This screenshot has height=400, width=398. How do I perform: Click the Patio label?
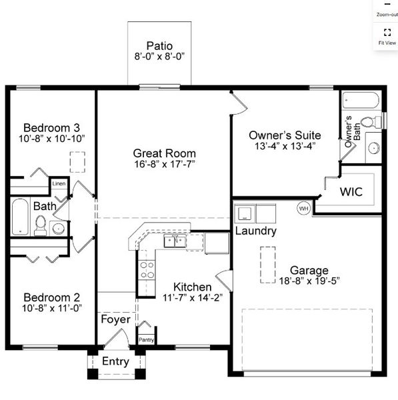[x=159, y=46]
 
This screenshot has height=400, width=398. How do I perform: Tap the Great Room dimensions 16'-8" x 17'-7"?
[x=163, y=164]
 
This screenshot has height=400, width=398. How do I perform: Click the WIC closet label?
[x=351, y=192]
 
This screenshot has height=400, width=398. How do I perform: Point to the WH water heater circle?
[x=303, y=208]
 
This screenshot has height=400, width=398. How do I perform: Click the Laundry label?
[x=256, y=231]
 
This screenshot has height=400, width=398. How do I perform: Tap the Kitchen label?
[x=193, y=287]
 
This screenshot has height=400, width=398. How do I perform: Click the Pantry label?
[x=147, y=339]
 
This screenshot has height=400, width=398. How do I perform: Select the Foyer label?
[x=115, y=319]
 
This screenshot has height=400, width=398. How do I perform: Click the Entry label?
[x=115, y=362]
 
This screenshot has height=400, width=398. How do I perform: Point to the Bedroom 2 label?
[x=52, y=297]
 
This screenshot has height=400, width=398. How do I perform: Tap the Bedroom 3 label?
[x=52, y=128]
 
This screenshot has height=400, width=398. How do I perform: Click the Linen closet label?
[x=59, y=183]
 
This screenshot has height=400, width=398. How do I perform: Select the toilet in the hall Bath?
[x=41, y=225]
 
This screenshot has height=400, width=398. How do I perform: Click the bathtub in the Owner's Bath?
[x=361, y=101]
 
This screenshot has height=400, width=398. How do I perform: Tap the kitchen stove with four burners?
[x=147, y=270]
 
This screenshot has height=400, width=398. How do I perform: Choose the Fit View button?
[x=387, y=35]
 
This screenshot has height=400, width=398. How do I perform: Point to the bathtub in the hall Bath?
[x=20, y=217]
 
